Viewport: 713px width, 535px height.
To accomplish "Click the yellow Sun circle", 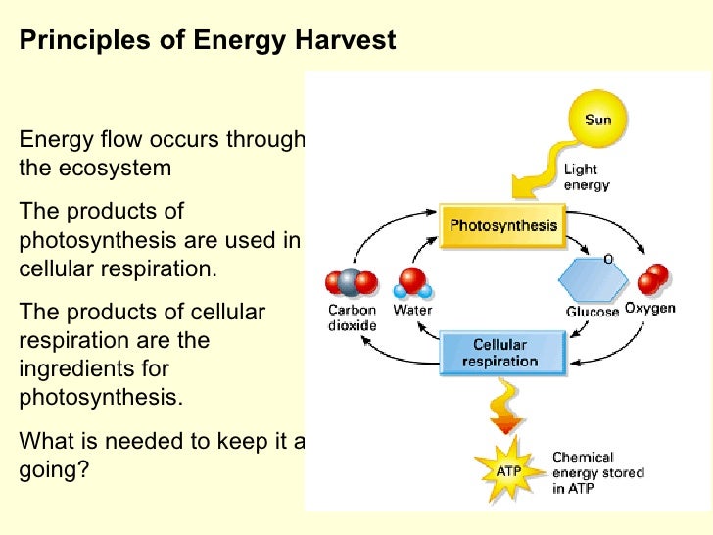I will pyautogui.click(x=597, y=120).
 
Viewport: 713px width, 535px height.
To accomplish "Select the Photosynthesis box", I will pyautogui.click(x=502, y=226).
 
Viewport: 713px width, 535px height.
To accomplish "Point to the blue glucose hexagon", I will pyautogui.click(x=592, y=279).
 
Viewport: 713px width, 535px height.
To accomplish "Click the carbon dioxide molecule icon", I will pyautogui.click(x=350, y=283).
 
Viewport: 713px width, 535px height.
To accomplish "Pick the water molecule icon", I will pyautogui.click(x=411, y=283).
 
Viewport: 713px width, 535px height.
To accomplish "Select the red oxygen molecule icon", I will pyautogui.click(x=652, y=279).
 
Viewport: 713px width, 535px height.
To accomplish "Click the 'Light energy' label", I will pyautogui.click(x=587, y=176).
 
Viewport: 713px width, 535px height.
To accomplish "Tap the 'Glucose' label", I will pyautogui.click(x=593, y=312).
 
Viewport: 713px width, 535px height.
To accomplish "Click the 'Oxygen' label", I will pyautogui.click(x=650, y=309).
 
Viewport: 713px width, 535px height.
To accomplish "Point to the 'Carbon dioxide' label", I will pyautogui.click(x=350, y=317).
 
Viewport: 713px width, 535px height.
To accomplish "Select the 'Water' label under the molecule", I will pyautogui.click(x=412, y=311).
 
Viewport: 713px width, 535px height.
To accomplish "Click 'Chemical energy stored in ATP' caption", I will pyautogui.click(x=597, y=472).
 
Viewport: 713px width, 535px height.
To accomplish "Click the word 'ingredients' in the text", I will pyautogui.click(x=93, y=369).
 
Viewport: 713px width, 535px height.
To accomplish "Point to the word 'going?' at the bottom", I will pyautogui.click(x=54, y=469).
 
